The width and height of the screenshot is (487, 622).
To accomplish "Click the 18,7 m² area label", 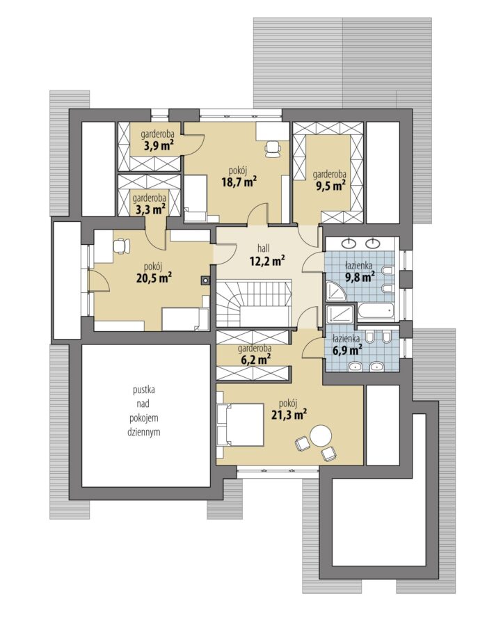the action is coord(239,182).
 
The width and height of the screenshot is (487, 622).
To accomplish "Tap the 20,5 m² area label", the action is coord(154,278).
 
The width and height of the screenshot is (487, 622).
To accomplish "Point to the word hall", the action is coord(263,248).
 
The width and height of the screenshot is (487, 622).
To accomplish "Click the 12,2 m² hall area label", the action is coord(267,261).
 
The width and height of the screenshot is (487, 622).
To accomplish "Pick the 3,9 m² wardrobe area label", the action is coord(158,146).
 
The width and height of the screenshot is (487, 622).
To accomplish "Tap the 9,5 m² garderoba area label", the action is coord(330,185).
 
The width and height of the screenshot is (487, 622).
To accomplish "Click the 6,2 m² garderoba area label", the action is coord(255,360).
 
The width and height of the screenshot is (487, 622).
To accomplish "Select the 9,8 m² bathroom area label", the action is coord(360,277).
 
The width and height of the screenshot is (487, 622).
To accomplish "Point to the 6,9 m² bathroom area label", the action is coord(347,350).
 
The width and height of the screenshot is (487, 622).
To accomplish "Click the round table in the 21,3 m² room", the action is coord(321,436).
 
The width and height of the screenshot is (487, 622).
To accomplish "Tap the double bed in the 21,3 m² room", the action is coord(240,425).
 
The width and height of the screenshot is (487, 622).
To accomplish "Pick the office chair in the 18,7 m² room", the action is coord(273,149).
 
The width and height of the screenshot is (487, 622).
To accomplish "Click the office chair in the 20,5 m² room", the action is coord(122,246).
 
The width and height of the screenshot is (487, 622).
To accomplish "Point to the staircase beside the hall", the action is coord(254,303).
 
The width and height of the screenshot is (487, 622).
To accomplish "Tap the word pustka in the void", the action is coord(144,390).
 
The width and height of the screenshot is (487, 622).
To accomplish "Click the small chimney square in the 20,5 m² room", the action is coord(205,280).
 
